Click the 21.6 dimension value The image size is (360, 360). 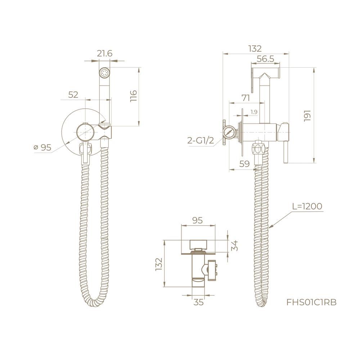(104, 54)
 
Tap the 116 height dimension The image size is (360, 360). (133, 96)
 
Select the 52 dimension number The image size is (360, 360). (73, 95)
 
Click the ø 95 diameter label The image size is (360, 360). (42, 147)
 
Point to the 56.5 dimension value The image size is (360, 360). (266, 59)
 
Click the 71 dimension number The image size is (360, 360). (246, 98)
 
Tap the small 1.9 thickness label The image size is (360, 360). (254, 112)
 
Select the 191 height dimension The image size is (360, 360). (307, 116)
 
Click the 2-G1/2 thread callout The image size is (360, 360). (201, 140)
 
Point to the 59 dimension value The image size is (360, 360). (244, 164)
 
